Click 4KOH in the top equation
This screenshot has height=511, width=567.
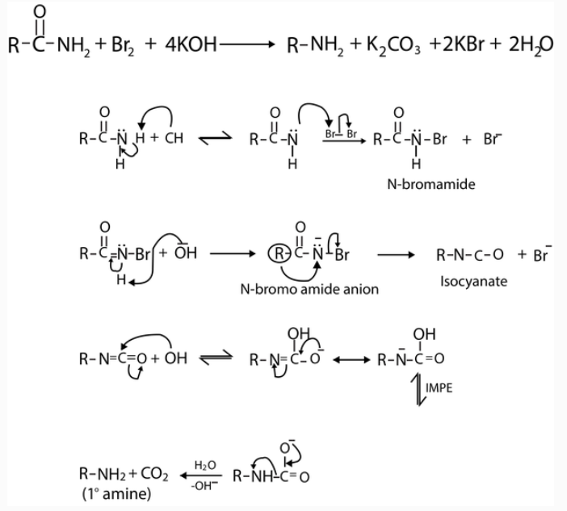coord(189,44)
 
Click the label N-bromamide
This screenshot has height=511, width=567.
coord(433,185)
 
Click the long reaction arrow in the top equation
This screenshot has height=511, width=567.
coord(246,45)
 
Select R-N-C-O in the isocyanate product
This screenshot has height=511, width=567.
coord(466,258)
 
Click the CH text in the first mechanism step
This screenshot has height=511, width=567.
coord(173,138)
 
